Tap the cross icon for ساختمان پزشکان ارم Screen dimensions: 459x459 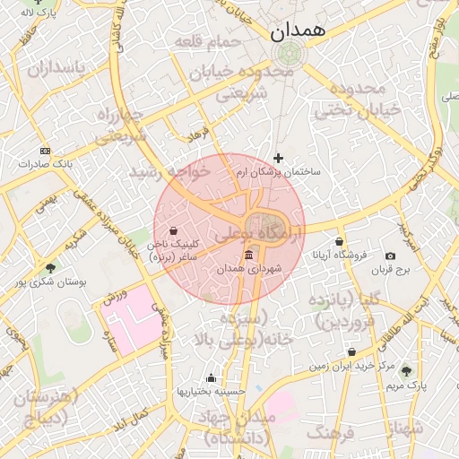point(278,158)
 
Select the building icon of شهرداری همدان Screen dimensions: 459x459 point(248,256)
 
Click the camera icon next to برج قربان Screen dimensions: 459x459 point(390,256)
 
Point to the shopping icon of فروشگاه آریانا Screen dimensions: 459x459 point(339,241)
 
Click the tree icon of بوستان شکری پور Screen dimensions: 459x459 point(50,268)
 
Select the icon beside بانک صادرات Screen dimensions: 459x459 point(46,150)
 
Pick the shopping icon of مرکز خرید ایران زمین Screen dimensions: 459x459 point(351,351)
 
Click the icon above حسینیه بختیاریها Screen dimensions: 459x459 point(211,377)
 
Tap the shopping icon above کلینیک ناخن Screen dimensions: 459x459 point(173,230)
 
